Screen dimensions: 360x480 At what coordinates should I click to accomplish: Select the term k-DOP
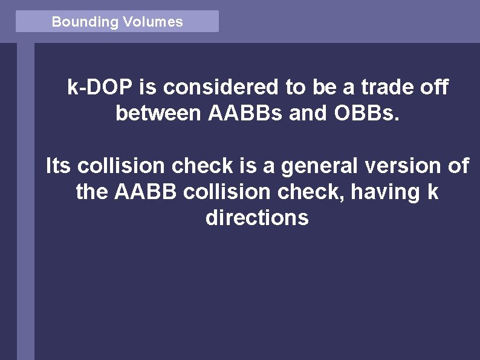(x=101, y=88)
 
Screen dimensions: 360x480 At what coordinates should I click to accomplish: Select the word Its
(x=58, y=166)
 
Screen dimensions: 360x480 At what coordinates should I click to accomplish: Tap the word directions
(x=257, y=218)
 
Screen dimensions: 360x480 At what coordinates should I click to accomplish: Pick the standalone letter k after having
(x=432, y=192)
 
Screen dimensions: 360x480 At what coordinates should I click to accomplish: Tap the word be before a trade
(x=323, y=88)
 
